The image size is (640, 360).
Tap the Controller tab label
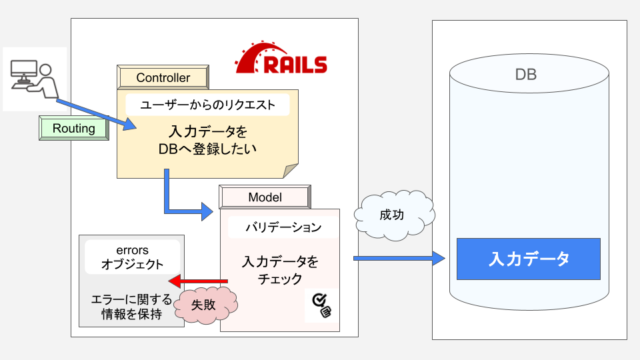click(163, 78)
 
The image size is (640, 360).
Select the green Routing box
click(73, 128)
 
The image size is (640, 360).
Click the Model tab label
click(265, 197)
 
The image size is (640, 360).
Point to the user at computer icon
click(34, 79)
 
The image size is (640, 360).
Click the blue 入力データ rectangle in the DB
click(529, 259)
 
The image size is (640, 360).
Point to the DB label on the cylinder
click(525, 75)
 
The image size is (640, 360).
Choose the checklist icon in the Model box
click(322, 305)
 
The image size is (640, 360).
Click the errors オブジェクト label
click(132, 257)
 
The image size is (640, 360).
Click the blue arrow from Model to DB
click(399, 258)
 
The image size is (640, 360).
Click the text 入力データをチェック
click(280, 270)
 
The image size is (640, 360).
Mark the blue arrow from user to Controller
click(93, 114)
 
